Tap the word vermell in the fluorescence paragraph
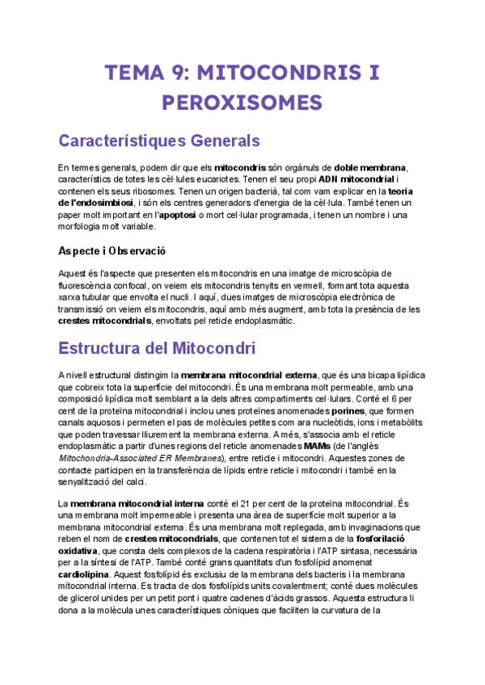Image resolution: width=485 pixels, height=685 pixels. point(310,285)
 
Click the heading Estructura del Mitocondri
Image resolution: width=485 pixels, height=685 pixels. point(157,350)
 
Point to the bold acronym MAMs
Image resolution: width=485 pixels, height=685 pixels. point(317,446)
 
